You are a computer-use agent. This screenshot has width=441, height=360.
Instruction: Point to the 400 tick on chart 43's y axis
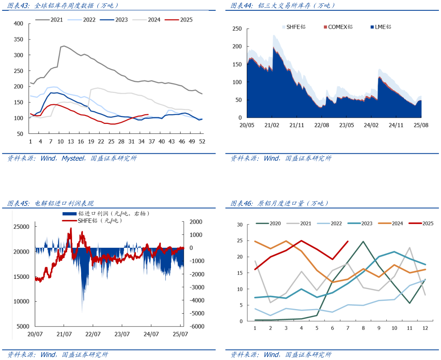coord(18,24)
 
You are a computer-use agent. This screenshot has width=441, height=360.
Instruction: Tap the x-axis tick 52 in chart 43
coord(202,142)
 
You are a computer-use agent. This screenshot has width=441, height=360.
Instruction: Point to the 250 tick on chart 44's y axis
coord(236,29)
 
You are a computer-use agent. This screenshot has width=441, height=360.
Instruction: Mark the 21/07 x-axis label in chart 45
coord(64,334)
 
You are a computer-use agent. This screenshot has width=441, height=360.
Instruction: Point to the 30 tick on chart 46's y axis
coord(239,225)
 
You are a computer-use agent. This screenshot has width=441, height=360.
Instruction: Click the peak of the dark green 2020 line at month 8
coord(363,241)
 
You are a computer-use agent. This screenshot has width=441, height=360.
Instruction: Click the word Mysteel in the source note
coord(74,159)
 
